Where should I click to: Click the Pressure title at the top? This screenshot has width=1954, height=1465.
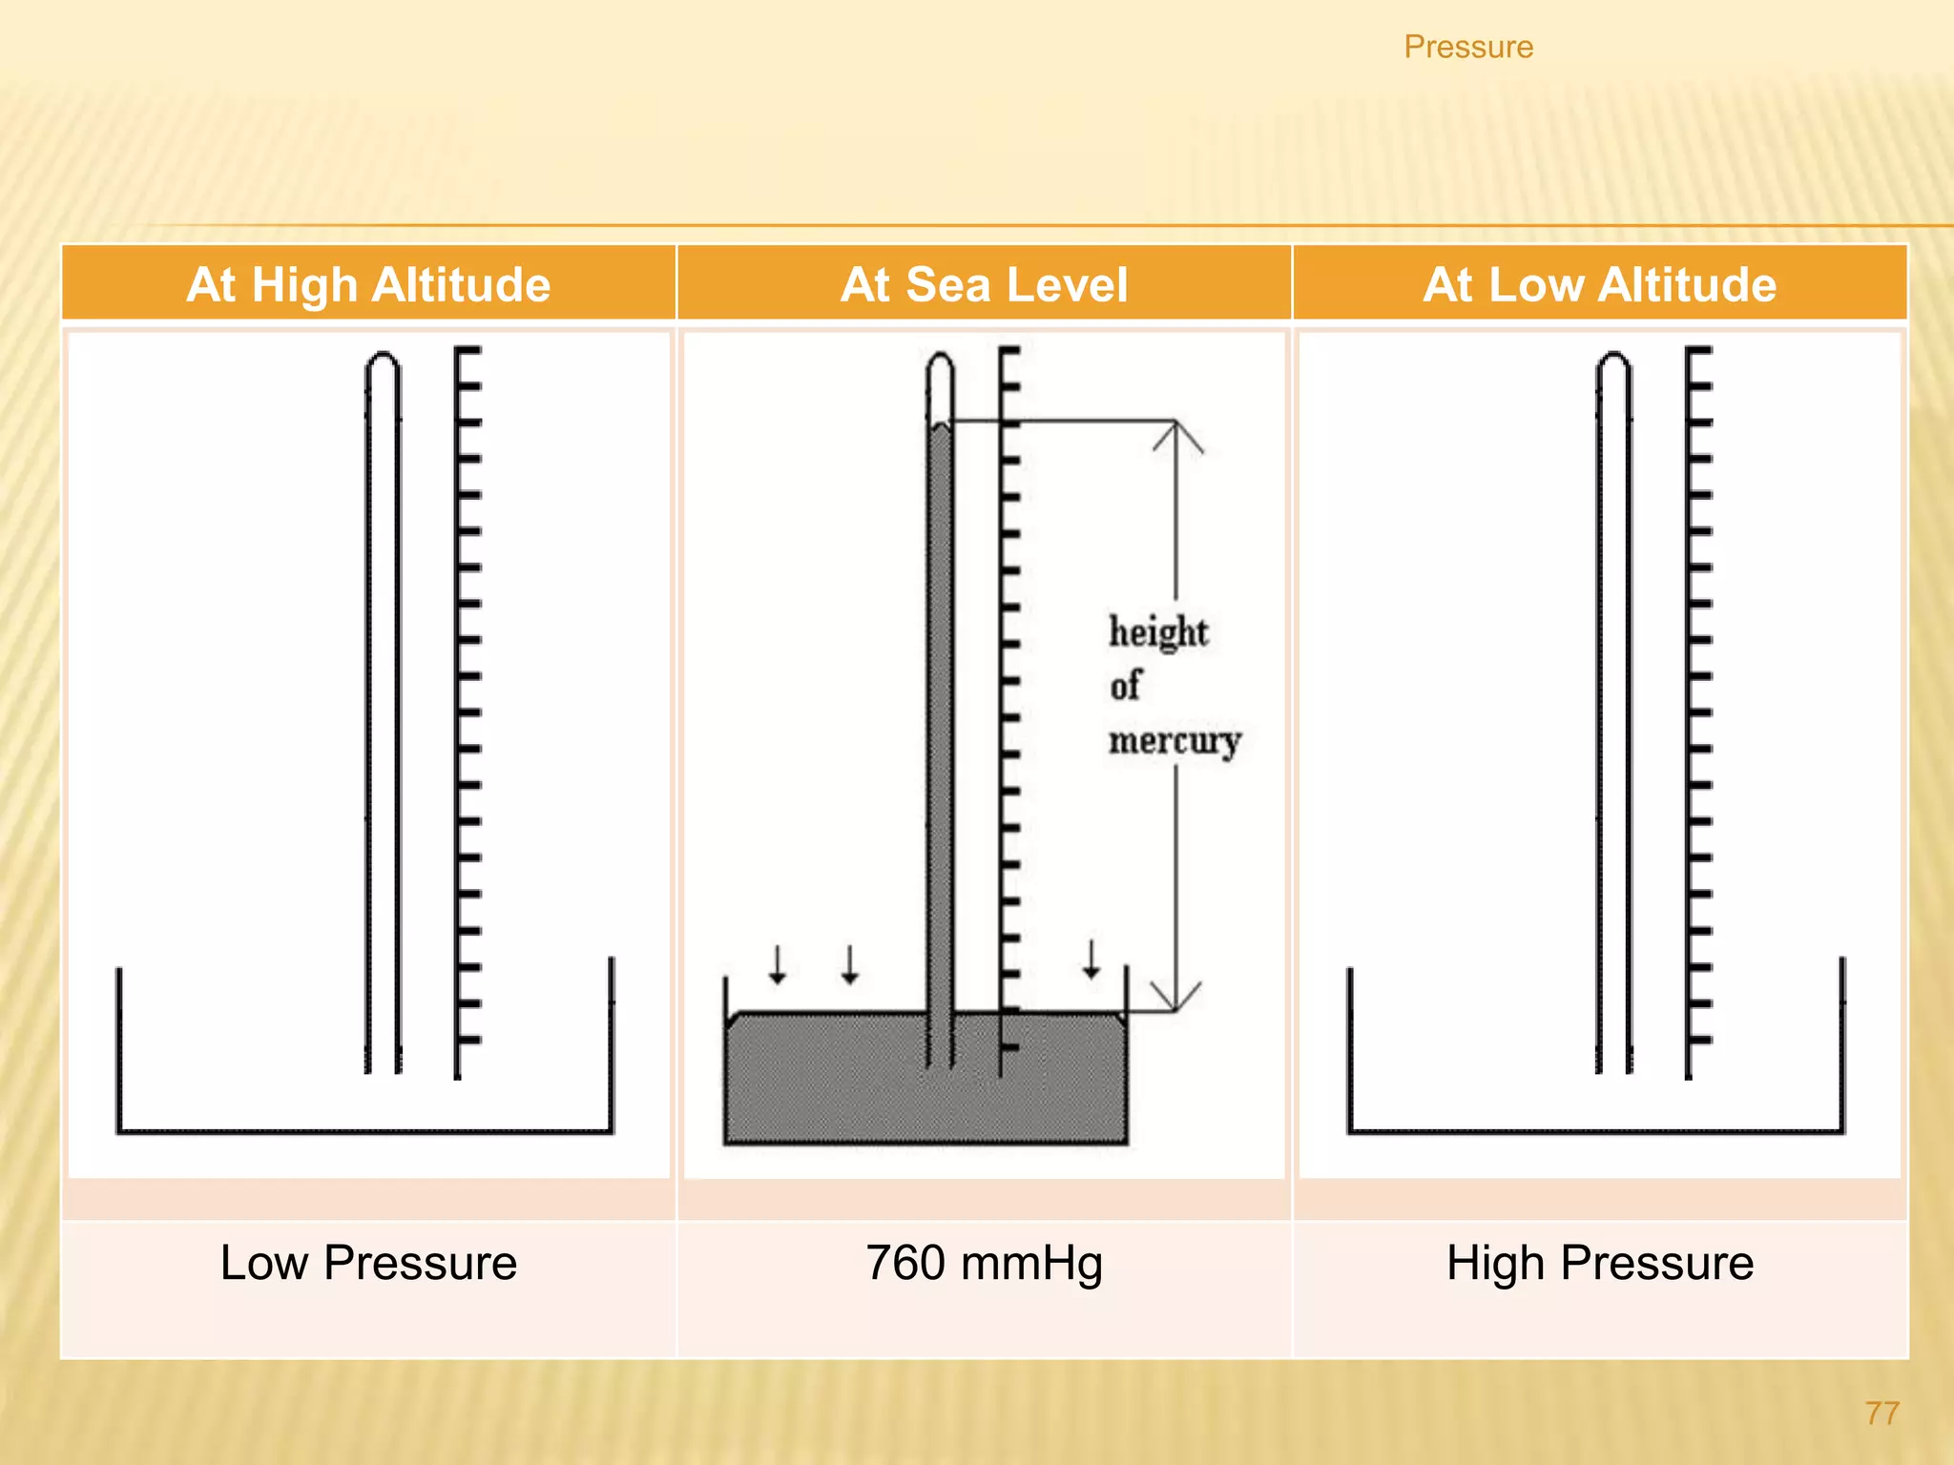click(1467, 47)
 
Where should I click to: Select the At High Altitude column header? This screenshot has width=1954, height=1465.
click(368, 284)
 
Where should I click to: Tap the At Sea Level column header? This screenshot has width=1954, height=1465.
click(984, 284)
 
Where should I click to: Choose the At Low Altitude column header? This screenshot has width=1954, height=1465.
click(1599, 284)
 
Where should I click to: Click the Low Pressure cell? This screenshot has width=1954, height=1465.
click(368, 1263)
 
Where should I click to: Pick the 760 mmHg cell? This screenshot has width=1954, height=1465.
click(984, 1263)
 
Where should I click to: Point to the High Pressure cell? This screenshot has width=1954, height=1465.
click(1599, 1263)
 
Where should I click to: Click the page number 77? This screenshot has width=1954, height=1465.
click(1881, 1413)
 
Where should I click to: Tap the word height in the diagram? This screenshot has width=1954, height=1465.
click(1157, 632)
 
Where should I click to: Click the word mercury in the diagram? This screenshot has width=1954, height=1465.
click(1174, 740)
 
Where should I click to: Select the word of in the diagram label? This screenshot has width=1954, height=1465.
click(1125, 685)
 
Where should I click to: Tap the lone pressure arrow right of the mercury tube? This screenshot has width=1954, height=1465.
click(1091, 959)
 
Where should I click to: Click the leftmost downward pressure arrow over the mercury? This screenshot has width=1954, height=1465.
click(778, 964)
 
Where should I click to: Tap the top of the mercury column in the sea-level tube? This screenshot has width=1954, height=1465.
click(941, 428)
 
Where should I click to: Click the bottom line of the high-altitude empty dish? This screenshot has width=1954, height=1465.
click(364, 1131)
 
